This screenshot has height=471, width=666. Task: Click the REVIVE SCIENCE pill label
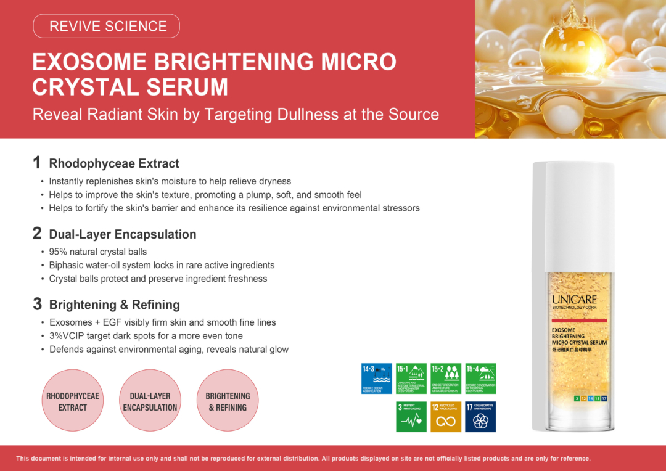[x=107, y=27]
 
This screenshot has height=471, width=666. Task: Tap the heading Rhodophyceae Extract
[x=114, y=163]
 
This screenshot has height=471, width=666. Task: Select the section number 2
[x=37, y=234]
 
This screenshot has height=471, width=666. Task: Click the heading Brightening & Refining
[x=114, y=305]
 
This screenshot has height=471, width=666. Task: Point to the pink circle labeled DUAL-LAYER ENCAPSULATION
[x=150, y=400]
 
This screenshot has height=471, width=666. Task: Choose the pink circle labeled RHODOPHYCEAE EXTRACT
[x=72, y=400]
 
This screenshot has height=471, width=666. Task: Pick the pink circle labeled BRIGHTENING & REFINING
[x=228, y=400]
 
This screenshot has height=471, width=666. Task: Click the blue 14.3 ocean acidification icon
[x=377, y=379]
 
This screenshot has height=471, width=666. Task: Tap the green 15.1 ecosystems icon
[x=411, y=379]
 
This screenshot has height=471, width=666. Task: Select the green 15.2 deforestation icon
[x=446, y=379]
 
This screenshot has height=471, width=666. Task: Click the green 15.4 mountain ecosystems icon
[x=480, y=379]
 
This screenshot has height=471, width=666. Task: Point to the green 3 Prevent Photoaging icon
[x=411, y=417]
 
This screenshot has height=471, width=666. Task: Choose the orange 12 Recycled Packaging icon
[x=446, y=417]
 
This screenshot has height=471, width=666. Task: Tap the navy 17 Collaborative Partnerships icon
[x=480, y=417]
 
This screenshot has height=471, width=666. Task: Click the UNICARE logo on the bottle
[x=574, y=300]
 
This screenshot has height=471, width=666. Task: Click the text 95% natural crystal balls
[x=98, y=252]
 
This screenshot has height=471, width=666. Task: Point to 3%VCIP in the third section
[x=67, y=336]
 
